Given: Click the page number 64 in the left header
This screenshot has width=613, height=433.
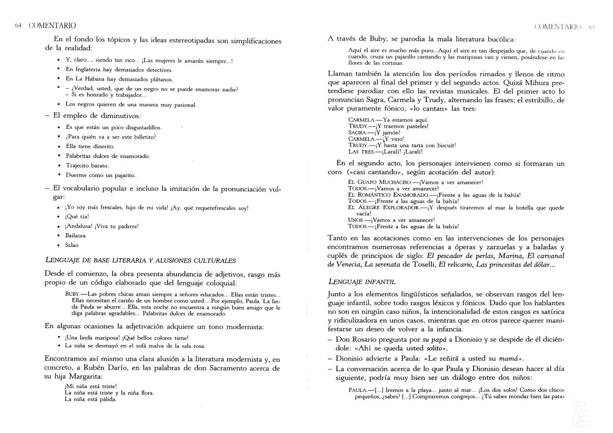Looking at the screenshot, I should click(18, 25).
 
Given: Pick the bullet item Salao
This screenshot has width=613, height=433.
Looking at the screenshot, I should click(72, 245).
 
